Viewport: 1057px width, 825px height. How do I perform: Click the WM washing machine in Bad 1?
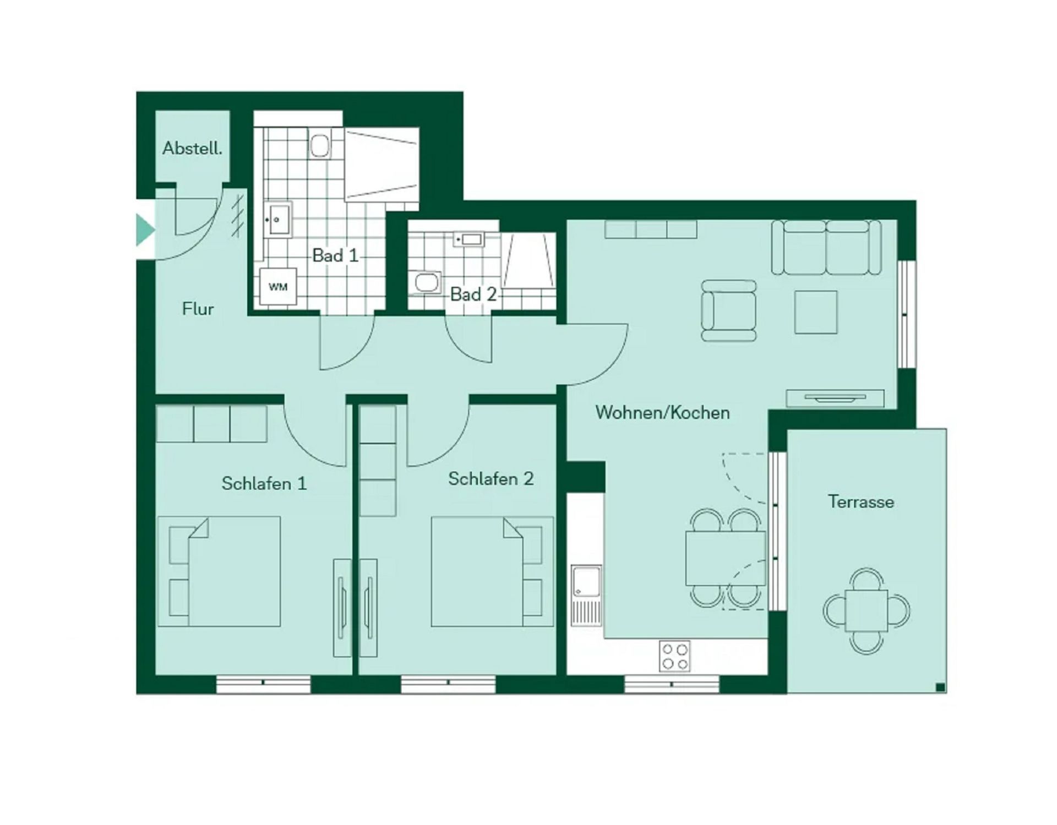[x=278, y=286]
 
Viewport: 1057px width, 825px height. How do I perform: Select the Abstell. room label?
[x=192, y=149]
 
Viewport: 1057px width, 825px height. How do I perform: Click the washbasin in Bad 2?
[x=468, y=239]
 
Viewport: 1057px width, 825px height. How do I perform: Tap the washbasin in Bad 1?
[x=277, y=219]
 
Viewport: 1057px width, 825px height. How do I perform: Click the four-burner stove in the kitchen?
[x=674, y=656]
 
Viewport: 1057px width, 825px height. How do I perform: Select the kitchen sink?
[x=586, y=595]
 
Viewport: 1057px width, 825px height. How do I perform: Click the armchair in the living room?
[x=729, y=311]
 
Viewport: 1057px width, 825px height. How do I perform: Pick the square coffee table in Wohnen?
[x=816, y=312]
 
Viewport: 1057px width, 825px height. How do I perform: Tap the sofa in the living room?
[x=826, y=247]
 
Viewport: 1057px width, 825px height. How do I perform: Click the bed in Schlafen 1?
[x=220, y=571]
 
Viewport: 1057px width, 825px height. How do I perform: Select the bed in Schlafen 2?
[x=492, y=571]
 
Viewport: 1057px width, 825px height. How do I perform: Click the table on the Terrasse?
[x=867, y=610]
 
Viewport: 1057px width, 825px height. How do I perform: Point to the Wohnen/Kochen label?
[x=662, y=413]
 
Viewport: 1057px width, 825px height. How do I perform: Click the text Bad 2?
[x=473, y=294]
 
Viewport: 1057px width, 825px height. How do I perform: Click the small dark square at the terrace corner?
[x=940, y=687]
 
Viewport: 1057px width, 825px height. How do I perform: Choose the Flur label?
[x=198, y=309]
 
